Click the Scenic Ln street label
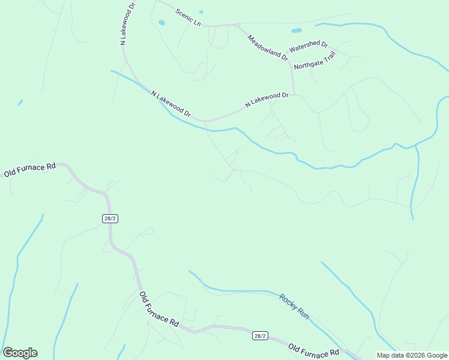click(188, 17)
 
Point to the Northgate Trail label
click(314, 60)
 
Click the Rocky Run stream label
click(294, 305)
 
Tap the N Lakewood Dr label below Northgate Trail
click(267, 100)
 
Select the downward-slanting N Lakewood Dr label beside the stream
click(170, 103)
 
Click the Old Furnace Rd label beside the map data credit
click(313, 350)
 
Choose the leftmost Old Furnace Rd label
click(29, 170)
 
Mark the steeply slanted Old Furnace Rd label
click(159, 309)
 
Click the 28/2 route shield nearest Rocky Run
click(260, 336)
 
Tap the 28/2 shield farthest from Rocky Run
click(110, 218)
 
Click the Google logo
click(20, 353)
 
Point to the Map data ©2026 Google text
click(412, 355)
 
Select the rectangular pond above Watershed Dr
click(297, 30)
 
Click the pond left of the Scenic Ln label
click(161, 23)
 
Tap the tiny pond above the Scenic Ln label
click(200, 11)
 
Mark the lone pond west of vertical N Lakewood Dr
click(20, 103)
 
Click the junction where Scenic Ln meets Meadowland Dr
click(238, 26)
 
